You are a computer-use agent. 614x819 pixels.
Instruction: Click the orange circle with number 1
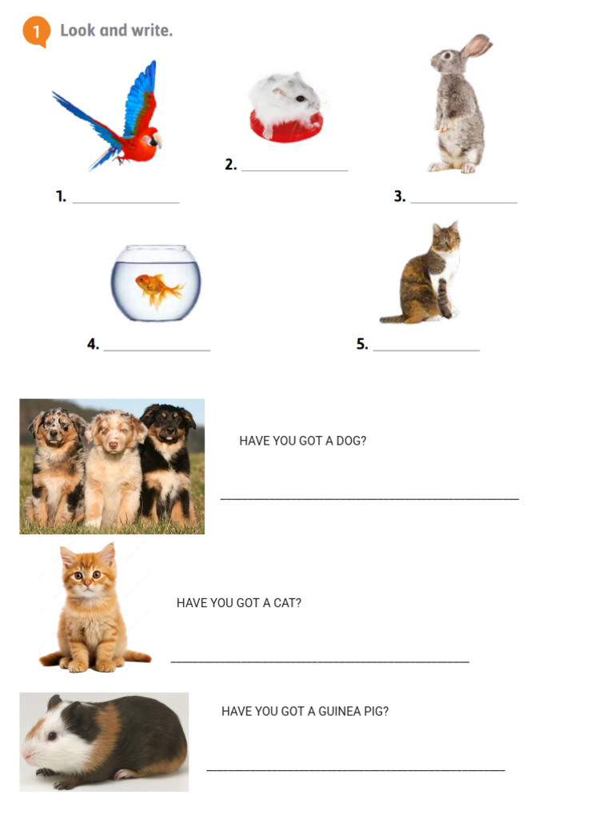[35, 31]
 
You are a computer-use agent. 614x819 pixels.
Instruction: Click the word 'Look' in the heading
[78, 30]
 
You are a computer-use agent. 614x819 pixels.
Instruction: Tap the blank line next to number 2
[295, 170]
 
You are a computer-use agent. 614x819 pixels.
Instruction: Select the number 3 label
[400, 197]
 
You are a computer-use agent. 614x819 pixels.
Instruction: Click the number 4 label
[93, 345]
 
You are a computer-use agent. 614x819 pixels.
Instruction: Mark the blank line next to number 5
[426, 350]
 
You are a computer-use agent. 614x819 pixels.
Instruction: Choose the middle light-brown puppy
[114, 468]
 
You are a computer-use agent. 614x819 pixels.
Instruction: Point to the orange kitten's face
[87, 574]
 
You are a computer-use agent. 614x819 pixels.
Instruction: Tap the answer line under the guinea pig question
[356, 770]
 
